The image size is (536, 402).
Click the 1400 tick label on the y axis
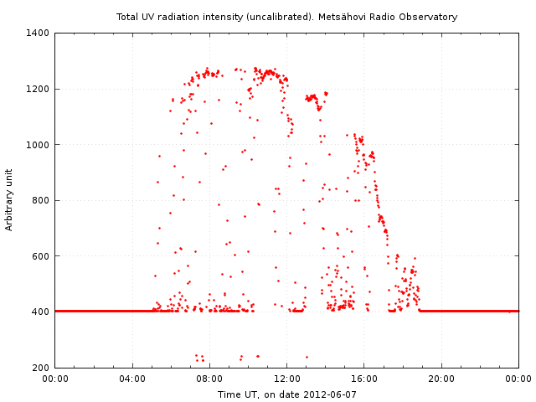[39, 33]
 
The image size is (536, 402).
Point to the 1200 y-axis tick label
[39, 89]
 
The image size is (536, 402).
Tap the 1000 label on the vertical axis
[39, 145]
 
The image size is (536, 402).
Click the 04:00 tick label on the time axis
[132, 379]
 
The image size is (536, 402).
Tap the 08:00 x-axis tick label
[209, 379]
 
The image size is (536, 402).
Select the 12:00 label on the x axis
[287, 379]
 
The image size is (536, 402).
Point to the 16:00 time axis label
[364, 379]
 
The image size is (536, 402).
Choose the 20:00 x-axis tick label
[441, 379]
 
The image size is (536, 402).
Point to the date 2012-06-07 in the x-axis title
[330, 394]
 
